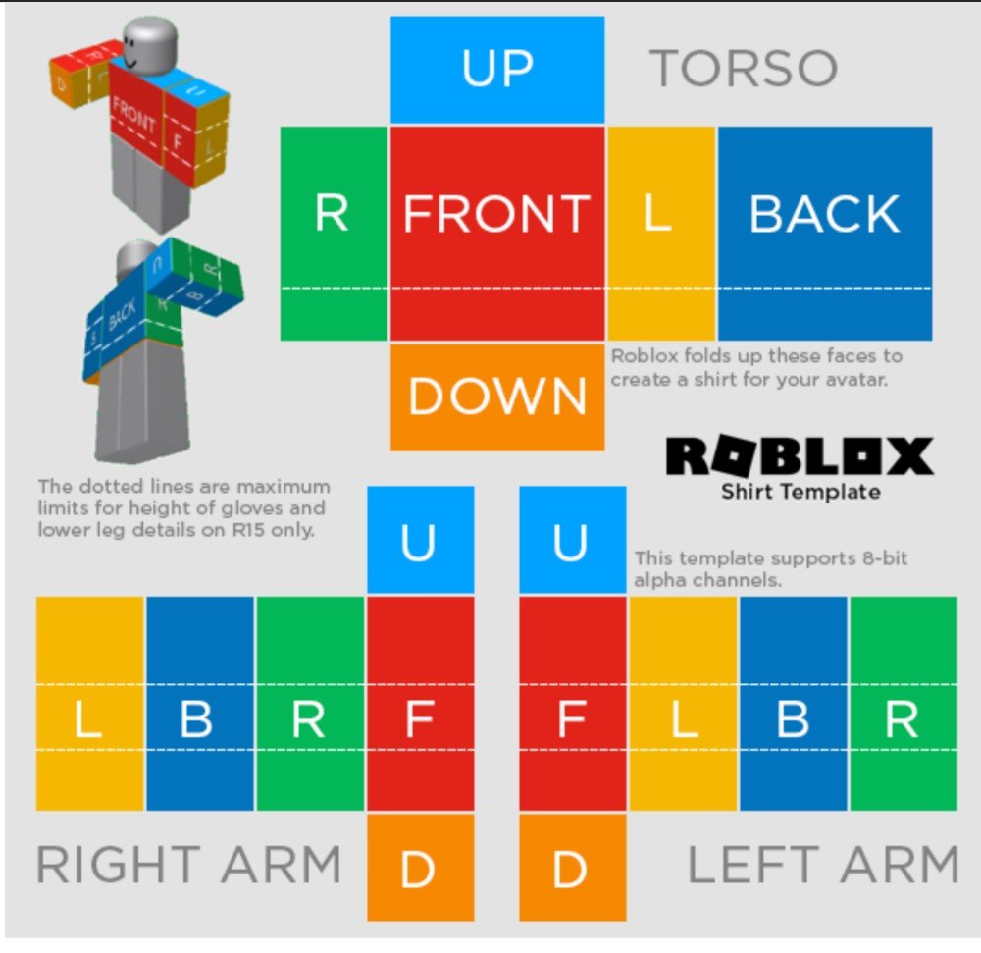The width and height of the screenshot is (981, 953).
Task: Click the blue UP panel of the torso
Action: pos(497,70)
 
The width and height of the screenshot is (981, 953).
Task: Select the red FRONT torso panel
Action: pos(497,234)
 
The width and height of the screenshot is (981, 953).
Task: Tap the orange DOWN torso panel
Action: pos(497,397)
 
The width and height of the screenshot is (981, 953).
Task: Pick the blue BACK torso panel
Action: pos(825,234)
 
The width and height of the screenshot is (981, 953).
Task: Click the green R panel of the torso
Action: pos(335,234)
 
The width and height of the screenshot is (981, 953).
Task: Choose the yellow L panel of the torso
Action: pos(661,234)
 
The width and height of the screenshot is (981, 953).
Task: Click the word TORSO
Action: pos(744,68)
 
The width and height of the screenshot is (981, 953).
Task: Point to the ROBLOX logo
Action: pos(800,456)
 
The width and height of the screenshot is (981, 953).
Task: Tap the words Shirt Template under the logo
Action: pos(800,492)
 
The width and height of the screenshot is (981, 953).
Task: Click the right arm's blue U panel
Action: pos(421,540)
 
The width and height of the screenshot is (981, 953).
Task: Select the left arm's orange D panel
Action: pos(573,868)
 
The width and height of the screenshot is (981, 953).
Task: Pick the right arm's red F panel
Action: pos(421,704)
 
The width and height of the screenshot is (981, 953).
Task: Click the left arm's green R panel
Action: pos(904,704)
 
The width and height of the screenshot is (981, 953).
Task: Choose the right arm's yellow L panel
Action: pos(90,704)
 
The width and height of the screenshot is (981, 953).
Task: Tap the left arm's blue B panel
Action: pos(794,704)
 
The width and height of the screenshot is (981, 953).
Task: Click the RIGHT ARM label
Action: pos(189,864)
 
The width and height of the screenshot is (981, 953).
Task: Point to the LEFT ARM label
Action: pos(823,864)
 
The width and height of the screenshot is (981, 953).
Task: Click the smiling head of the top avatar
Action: pos(149,46)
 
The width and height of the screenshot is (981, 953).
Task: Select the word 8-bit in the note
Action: pos(884,557)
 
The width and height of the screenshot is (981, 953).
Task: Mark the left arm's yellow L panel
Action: pos(683,704)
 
